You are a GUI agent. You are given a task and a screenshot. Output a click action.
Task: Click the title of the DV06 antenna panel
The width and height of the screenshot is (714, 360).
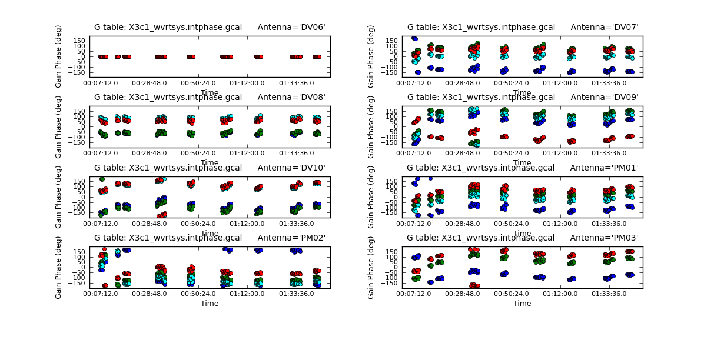click(x=210, y=27)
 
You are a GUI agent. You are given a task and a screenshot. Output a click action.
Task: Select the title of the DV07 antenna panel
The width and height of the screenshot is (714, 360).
click(x=523, y=27)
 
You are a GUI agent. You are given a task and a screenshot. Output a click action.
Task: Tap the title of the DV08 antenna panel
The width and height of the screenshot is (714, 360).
click(x=210, y=97)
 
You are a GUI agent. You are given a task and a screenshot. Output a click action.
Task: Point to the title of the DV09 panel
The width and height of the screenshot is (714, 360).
click(x=523, y=97)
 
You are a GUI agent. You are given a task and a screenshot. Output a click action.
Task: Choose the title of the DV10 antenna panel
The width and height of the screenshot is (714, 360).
click(x=210, y=168)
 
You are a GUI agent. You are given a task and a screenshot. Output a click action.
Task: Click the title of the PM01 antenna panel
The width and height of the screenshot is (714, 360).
click(x=523, y=168)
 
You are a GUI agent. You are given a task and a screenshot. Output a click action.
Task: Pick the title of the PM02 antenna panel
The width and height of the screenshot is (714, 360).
click(x=210, y=238)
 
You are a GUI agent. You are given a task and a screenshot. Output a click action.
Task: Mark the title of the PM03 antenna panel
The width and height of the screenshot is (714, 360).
click(x=523, y=238)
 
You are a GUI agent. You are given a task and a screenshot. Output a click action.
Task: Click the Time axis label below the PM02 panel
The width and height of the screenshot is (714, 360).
click(x=210, y=304)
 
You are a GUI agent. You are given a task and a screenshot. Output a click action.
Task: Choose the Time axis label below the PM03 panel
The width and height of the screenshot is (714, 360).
click(x=522, y=304)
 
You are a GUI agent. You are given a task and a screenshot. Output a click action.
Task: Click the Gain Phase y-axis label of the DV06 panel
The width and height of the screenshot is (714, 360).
click(x=59, y=56)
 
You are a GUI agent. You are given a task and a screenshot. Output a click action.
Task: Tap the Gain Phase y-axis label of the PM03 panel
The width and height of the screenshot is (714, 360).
click(x=371, y=268)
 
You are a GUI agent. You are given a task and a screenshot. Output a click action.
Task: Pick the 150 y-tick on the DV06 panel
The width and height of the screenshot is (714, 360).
click(x=79, y=40)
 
